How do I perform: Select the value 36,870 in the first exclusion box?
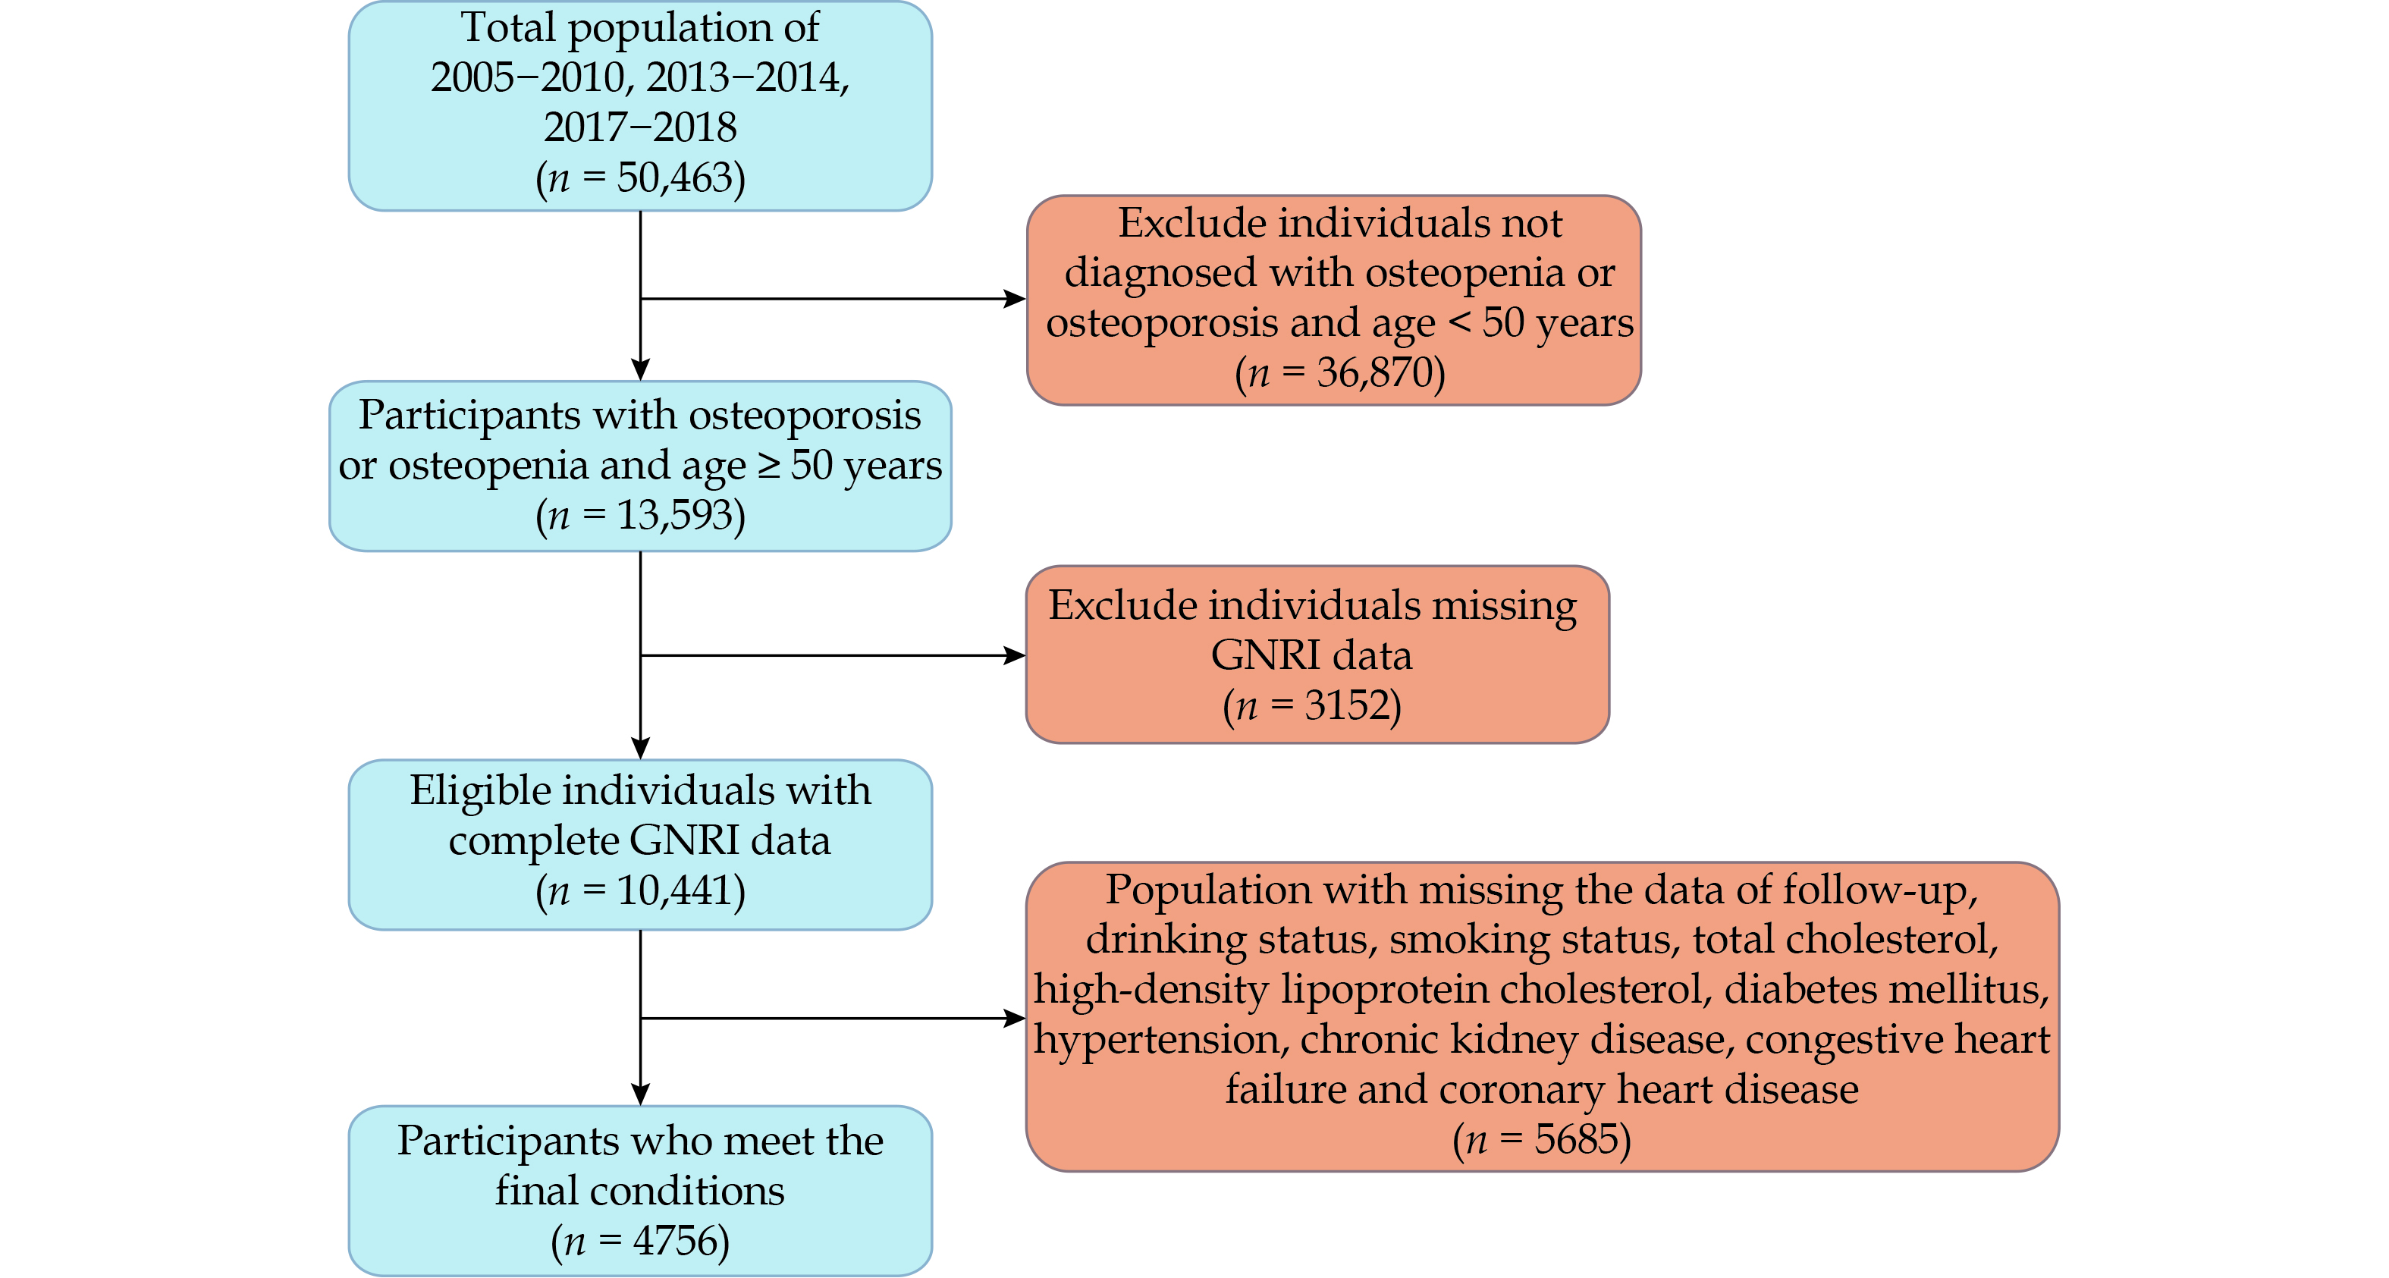pos(1375,372)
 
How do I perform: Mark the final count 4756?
pos(675,1241)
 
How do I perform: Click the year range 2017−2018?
pos(640,127)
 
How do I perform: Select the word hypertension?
pos(1160,1040)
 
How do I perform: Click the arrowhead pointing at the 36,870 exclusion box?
pos(1016,299)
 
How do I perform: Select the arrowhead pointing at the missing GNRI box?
pos(1016,656)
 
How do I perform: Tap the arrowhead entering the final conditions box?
pos(640,1094)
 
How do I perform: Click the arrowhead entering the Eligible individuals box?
pos(640,749)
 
